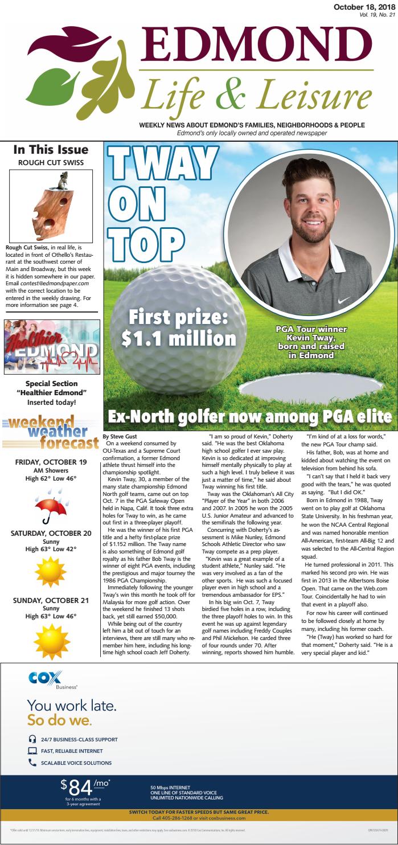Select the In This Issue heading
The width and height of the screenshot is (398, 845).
coord(51,150)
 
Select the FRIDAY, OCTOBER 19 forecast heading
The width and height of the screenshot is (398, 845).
coord(51,462)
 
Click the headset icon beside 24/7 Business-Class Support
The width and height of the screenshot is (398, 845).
coord(32,739)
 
